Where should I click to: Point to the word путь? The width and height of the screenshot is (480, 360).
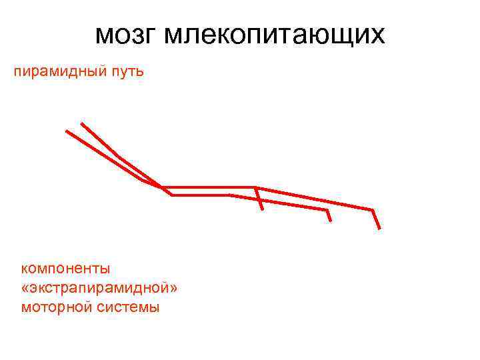[126, 71]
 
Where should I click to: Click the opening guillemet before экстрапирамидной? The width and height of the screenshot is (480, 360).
[25, 289]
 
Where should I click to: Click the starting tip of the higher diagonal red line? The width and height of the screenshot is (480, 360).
[81, 123]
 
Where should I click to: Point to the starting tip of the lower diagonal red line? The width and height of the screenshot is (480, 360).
[67, 131]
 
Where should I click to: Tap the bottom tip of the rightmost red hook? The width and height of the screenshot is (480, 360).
[379, 229]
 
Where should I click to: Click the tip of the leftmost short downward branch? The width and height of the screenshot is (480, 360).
[263, 209]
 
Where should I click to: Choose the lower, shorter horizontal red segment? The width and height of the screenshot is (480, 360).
[200, 195]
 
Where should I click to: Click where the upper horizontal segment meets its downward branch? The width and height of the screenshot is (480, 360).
[256, 187]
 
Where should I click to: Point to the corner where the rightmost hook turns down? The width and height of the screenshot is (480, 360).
[372, 210]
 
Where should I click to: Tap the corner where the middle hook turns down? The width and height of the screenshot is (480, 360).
[326, 211]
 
